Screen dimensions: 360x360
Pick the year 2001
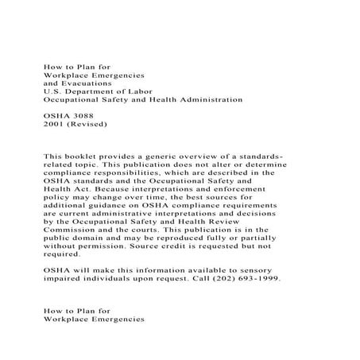[56, 125]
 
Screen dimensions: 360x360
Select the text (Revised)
[91, 125]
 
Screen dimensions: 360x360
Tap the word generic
[165, 157]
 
